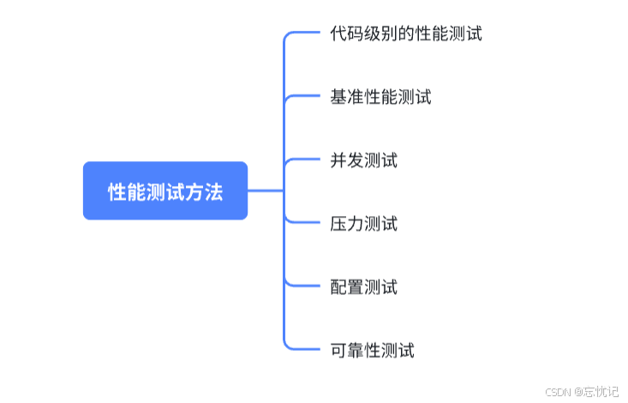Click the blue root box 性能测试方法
click(165, 191)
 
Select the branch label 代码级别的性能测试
click(406, 34)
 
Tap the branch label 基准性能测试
click(380, 97)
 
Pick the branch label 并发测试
click(363, 160)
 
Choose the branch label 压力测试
click(363, 224)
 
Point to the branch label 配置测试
click(363, 286)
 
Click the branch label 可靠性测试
click(372, 350)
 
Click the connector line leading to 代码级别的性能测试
click(304, 33)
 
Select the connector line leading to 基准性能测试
click(304, 96)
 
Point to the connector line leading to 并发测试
click(304, 159)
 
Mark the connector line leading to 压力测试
click(304, 223)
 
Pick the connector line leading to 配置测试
click(304, 286)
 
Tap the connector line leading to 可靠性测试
click(304, 349)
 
